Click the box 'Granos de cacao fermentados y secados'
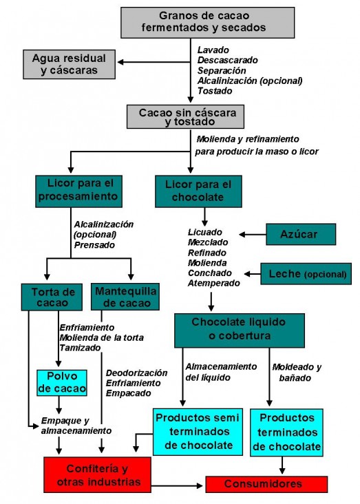(208, 23)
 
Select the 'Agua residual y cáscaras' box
(69, 64)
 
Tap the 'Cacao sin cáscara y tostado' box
(185, 116)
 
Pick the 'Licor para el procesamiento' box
(78, 191)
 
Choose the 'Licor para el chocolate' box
(198, 191)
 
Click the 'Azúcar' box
(301, 234)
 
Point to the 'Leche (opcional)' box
(306, 274)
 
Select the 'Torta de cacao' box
(52, 297)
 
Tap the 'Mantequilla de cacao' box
(125, 297)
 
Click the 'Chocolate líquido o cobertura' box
(240, 330)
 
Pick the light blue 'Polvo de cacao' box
(62, 383)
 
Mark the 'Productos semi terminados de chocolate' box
(198, 432)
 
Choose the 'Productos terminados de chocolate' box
(286, 432)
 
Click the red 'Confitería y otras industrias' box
(97, 475)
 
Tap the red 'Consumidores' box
(266, 485)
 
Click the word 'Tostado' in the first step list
(215, 91)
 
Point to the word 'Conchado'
(209, 273)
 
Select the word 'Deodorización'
(136, 373)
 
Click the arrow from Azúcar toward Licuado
(253, 235)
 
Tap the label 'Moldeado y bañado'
(297, 372)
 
